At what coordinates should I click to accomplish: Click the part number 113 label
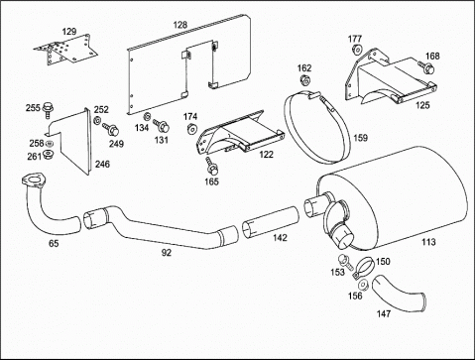pos(428,242)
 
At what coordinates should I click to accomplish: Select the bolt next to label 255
pos(49,109)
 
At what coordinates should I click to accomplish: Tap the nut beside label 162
pos(304,80)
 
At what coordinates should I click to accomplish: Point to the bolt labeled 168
pos(426,67)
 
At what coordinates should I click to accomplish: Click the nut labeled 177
pos(356,50)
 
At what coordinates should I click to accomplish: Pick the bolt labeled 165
pos(211,167)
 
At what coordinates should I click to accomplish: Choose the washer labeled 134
pos(147,116)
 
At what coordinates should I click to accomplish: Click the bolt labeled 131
pos(162,126)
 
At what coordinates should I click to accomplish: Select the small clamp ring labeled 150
pos(363,267)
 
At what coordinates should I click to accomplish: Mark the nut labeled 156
pos(363,285)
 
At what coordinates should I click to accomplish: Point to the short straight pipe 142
pos(270,222)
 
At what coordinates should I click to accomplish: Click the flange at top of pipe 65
pos(33,180)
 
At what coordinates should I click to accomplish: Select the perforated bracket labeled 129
pos(65,51)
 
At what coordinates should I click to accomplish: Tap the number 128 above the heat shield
pos(180,25)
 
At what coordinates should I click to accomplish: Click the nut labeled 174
pos(191,129)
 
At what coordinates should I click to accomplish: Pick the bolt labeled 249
pos(110,129)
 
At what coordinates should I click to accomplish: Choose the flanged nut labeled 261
pos(49,155)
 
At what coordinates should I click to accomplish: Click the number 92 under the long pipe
pos(167,253)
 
